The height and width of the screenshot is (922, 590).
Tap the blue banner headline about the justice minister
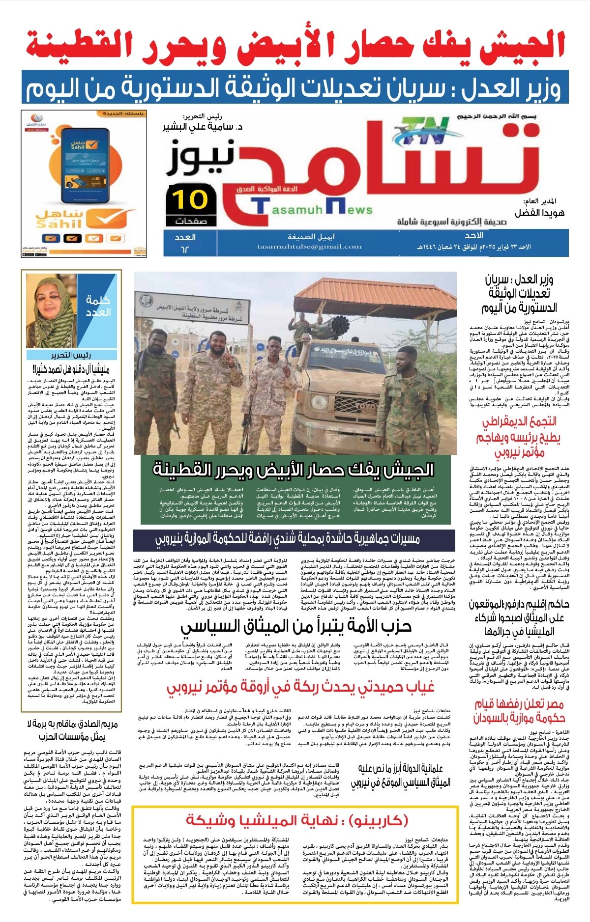(x=295, y=87)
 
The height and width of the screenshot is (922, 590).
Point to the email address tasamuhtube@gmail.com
(x=309, y=247)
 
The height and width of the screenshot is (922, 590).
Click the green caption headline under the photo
(x=294, y=470)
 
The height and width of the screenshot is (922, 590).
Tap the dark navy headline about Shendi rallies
(x=288, y=539)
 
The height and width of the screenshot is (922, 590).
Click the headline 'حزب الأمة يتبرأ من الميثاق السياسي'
(x=296, y=626)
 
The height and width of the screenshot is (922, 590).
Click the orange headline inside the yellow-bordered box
(x=297, y=820)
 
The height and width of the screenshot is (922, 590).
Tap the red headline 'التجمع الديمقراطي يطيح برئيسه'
(x=520, y=437)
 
